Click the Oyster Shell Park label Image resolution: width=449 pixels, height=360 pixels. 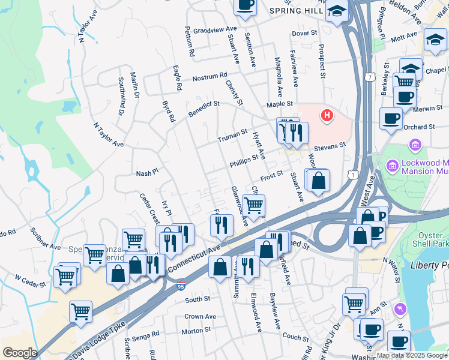(429, 234)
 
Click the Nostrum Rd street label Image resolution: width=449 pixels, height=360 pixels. (210, 77)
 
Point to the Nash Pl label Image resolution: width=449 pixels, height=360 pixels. (147, 172)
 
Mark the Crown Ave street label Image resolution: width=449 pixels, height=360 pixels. (200, 316)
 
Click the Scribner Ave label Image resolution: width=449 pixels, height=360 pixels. (47, 247)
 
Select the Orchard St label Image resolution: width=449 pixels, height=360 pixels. (419, 127)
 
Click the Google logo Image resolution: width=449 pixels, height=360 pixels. (20, 353)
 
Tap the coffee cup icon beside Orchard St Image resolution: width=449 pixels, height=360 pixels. (391, 118)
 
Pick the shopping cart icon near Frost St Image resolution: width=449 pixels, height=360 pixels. (254, 205)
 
